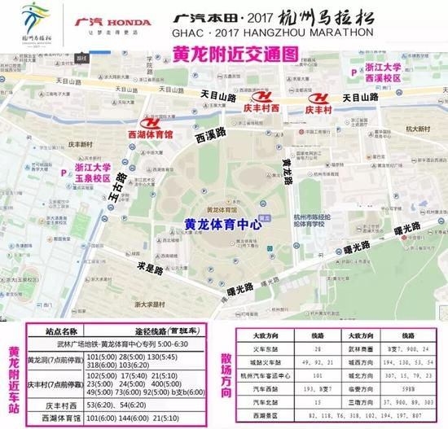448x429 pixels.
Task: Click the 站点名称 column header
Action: [x=54, y=331]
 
